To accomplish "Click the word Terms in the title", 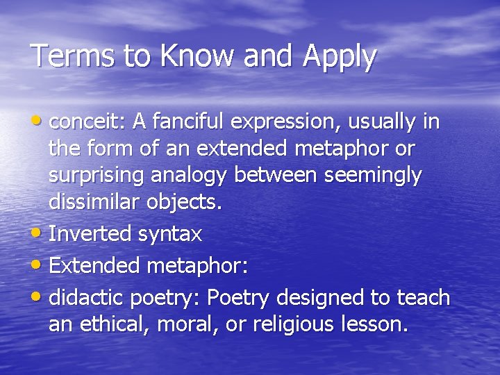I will (67, 56).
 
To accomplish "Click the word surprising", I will (90, 176).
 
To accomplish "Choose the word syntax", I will (170, 235).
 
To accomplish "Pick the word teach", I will (423, 298).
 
